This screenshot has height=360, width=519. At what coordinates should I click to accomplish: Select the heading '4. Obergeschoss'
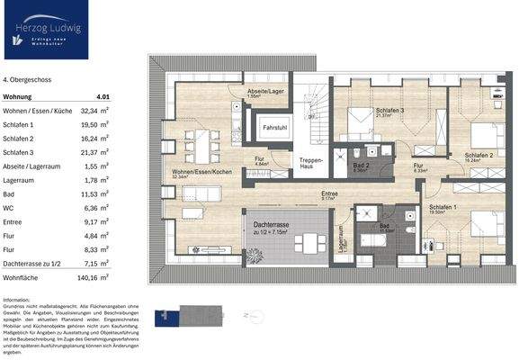point(28,80)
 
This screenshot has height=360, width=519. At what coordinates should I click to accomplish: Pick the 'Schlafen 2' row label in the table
point(20,139)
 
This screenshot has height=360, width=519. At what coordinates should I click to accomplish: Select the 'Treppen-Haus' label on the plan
point(311,163)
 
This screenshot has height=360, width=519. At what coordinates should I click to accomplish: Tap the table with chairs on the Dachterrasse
point(311,241)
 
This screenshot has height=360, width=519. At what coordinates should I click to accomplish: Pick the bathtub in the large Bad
point(372,240)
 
